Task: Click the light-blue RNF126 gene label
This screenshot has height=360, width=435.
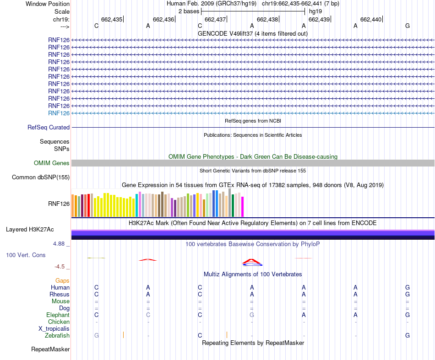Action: (59, 113)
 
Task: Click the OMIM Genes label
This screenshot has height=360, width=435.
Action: (52, 163)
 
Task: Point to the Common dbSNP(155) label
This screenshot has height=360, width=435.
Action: (41, 177)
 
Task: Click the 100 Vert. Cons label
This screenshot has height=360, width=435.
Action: (26, 255)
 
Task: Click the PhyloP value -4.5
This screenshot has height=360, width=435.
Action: (60, 267)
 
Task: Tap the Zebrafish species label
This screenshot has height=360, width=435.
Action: (57, 336)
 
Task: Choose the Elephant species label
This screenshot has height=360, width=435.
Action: (58, 315)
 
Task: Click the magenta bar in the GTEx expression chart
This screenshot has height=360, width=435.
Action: (243, 207)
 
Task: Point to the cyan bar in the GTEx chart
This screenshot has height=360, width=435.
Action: (137, 205)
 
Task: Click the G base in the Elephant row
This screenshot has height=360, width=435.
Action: (252, 315)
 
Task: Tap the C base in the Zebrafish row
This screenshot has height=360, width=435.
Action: (200, 336)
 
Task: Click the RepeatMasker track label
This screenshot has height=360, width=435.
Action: (50, 349)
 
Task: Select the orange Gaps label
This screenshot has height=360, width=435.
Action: (62, 280)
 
